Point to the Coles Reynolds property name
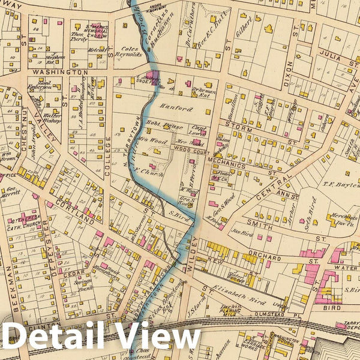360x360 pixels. coord(131,52)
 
